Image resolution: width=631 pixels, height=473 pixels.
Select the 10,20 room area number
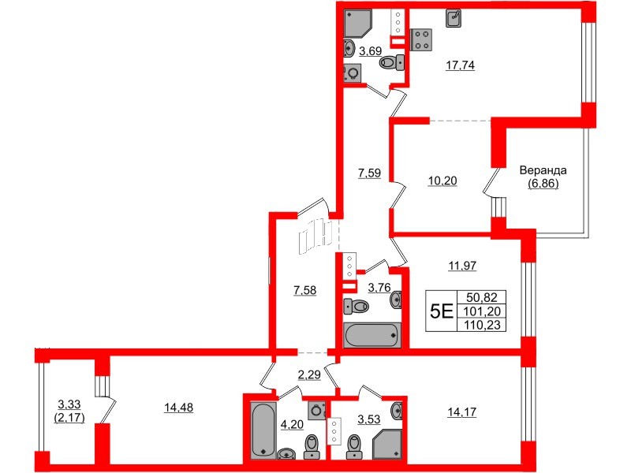pos(442,180)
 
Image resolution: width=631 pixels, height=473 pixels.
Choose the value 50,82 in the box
pos(486,299)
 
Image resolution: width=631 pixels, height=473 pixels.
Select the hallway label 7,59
pos(369,173)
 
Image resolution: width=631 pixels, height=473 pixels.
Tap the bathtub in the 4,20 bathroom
pos(262,429)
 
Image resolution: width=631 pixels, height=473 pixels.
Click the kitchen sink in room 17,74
pos(454,17)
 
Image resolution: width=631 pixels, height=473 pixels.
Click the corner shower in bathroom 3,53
pos(389,442)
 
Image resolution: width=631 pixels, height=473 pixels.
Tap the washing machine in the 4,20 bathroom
pos(317,409)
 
